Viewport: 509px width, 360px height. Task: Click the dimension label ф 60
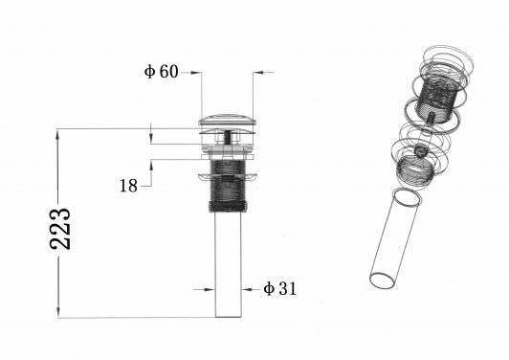click(x=162, y=72)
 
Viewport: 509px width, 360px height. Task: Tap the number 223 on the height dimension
click(x=60, y=229)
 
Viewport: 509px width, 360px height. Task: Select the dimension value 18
click(x=128, y=186)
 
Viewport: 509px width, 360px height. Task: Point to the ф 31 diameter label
click(x=280, y=288)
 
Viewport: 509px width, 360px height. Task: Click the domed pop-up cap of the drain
click(x=228, y=120)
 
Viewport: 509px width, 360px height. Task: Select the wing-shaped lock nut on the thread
click(x=228, y=177)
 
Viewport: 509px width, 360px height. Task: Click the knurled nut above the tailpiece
click(x=228, y=206)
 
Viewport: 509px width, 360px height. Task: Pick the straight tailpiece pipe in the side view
click(x=229, y=264)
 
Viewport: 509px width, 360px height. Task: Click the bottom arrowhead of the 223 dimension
click(x=58, y=312)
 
